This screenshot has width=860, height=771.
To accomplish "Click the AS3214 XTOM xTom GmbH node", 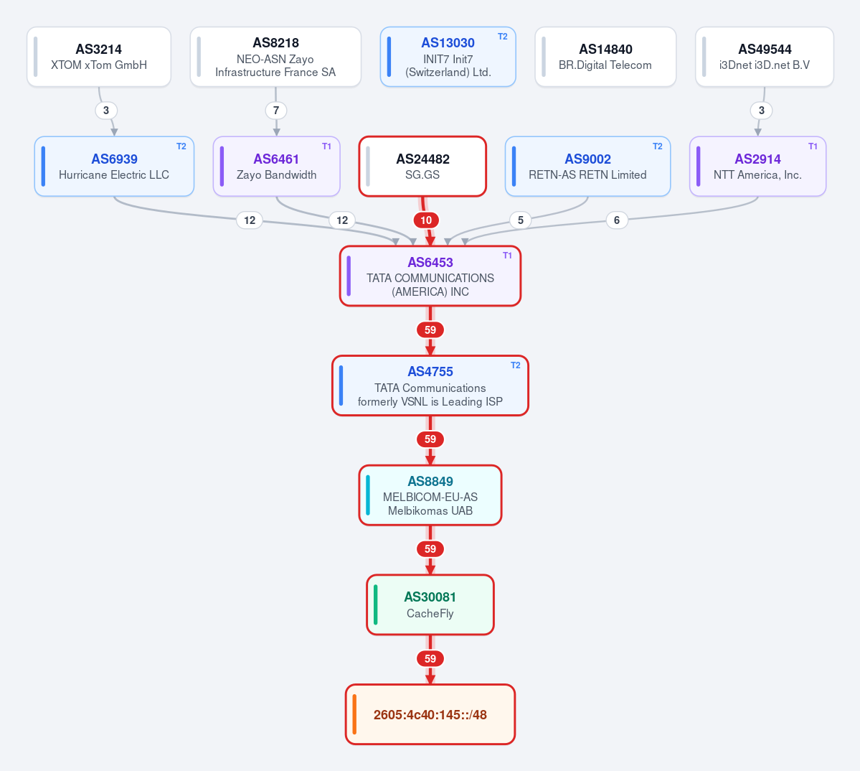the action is click(x=99, y=57).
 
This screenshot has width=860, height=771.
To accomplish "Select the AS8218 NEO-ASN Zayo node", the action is click(x=275, y=57).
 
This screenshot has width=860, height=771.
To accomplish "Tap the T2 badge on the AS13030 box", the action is click(x=502, y=37).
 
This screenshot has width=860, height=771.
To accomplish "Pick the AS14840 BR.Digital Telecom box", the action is click(x=605, y=57).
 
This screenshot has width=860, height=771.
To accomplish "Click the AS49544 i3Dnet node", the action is click(x=765, y=57).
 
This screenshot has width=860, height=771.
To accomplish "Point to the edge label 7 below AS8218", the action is click(x=276, y=111).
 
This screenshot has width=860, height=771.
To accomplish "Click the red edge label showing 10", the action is click(x=426, y=220).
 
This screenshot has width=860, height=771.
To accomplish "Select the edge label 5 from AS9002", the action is click(x=521, y=220).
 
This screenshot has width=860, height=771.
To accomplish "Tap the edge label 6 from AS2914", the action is click(x=616, y=220).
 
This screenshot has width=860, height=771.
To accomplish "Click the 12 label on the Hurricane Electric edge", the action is click(x=250, y=220).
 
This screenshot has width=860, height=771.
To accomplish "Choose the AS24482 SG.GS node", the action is click(x=422, y=167).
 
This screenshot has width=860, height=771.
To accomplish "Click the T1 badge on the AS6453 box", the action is click(x=507, y=256).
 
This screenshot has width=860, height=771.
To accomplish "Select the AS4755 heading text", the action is click(x=430, y=372).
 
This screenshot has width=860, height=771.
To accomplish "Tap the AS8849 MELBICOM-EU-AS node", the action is click(x=430, y=495).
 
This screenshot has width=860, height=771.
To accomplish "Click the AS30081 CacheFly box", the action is click(x=430, y=604).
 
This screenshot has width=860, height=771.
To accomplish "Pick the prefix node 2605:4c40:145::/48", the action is click(x=430, y=714).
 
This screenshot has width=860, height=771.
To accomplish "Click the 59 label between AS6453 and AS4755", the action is click(x=430, y=330).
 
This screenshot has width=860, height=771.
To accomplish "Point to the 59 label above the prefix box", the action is click(x=430, y=658).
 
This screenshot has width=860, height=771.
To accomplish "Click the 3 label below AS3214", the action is click(x=106, y=111).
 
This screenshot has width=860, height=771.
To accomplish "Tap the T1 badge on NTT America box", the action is click(x=813, y=146).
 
